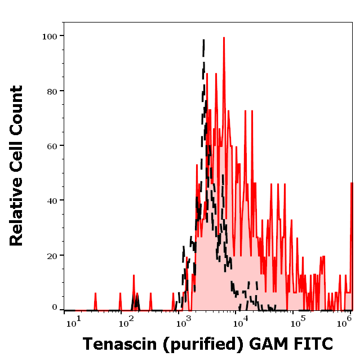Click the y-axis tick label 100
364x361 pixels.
click(x=50, y=36)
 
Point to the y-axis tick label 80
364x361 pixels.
click(x=52, y=91)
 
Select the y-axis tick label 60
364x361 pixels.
click(x=52, y=145)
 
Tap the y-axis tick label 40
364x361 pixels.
click(x=52, y=200)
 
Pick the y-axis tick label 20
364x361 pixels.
click(x=52, y=255)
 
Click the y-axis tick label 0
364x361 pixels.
click(x=55, y=307)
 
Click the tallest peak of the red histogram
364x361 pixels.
click(x=224, y=38)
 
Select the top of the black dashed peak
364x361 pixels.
click(x=203, y=41)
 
